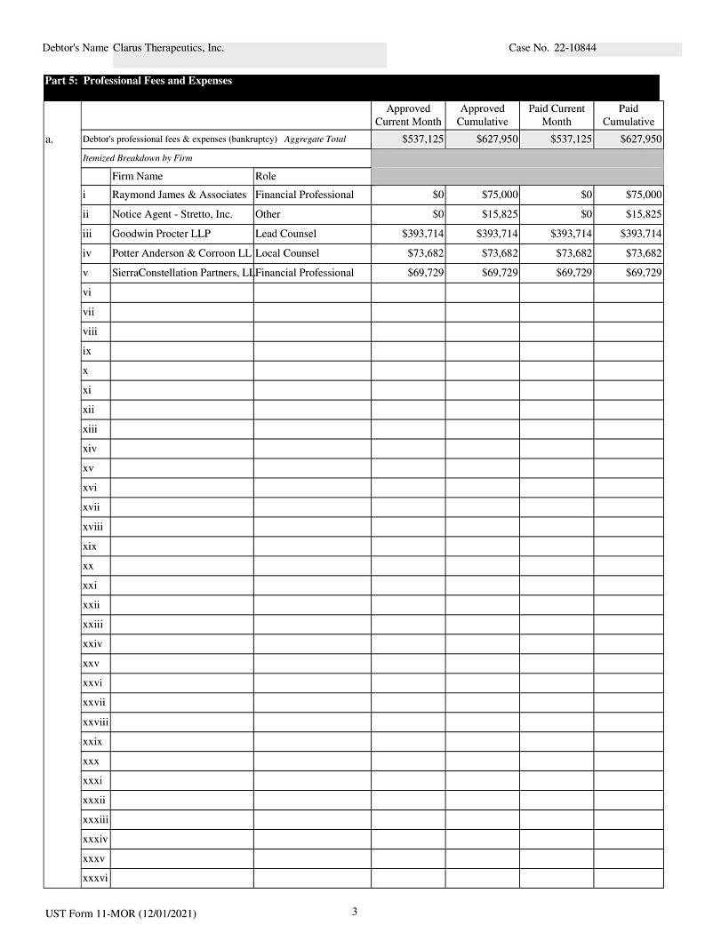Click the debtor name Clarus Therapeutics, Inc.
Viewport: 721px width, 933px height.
(169, 48)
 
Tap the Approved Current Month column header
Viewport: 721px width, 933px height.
(408, 115)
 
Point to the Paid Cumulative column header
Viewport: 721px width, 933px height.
(628, 115)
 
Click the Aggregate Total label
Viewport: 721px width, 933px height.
(315, 140)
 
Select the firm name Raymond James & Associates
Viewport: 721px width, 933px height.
(179, 195)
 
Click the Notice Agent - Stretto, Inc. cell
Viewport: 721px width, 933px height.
(172, 214)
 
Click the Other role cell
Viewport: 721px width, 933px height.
(268, 214)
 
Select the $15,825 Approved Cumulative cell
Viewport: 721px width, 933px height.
(499, 214)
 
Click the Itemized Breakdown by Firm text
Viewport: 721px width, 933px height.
(137, 157)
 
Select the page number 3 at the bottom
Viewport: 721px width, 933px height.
(354, 911)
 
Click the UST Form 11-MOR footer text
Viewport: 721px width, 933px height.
(121, 913)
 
